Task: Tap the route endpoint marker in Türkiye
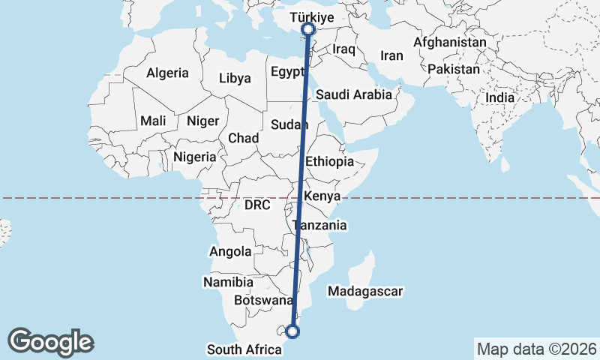click(x=307, y=29)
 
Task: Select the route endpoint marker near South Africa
click(x=292, y=331)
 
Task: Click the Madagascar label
click(x=367, y=291)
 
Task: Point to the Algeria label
click(x=167, y=73)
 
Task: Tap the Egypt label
click(x=286, y=73)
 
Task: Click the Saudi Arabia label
click(x=354, y=94)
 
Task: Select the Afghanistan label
click(x=449, y=43)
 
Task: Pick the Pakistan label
click(x=454, y=69)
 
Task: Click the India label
click(x=499, y=97)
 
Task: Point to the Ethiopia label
click(x=329, y=161)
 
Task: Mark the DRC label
click(x=256, y=205)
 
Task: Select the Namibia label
click(x=228, y=282)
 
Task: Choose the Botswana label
click(x=263, y=300)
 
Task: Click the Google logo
click(x=51, y=341)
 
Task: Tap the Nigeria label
click(x=194, y=157)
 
